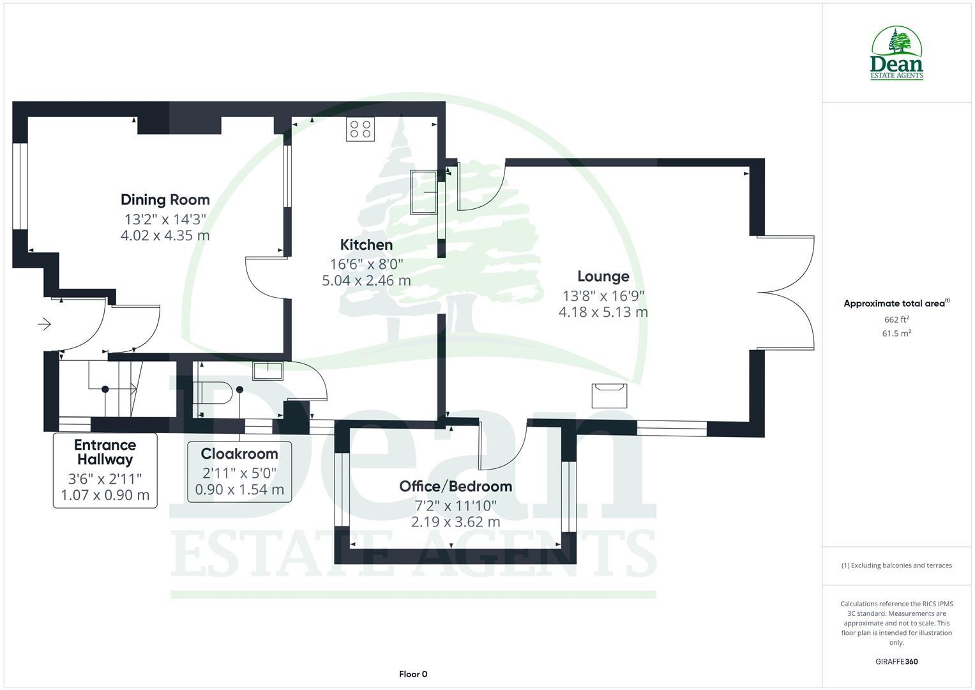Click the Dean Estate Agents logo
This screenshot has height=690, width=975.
[896, 54]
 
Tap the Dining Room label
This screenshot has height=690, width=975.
[165, 199]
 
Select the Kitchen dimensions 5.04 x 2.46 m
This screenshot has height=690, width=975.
[367, 280]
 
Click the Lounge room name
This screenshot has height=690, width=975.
[603, 276]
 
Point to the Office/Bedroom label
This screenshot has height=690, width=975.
[455, 486]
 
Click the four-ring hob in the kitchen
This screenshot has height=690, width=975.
[360, 129]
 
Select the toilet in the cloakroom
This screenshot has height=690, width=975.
[214, 393]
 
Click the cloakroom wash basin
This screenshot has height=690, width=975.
[268, 371]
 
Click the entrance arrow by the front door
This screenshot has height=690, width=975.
[44, 325]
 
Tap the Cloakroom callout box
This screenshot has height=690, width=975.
[239, 471]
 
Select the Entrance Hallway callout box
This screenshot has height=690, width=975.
[105, 470]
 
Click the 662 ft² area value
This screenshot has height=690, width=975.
[896, 319]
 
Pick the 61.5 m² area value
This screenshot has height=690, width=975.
[896, 333]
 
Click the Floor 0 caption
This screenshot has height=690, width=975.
[413, 674]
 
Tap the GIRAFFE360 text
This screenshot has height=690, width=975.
[896, 662]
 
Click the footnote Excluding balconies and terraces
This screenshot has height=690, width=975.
[896, 565]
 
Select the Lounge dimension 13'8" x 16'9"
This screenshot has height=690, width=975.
[603, 296]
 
